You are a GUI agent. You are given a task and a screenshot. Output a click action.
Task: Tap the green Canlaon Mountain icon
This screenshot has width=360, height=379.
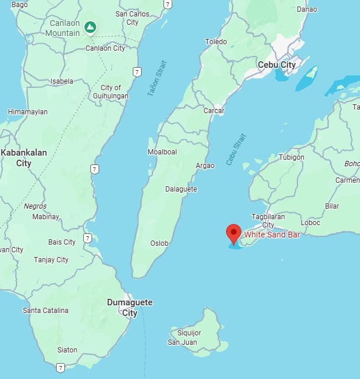(90, 27)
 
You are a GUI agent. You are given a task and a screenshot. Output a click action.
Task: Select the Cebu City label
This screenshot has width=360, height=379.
(277, 65)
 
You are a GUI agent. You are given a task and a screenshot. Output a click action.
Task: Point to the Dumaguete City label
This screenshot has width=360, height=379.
(129, 307)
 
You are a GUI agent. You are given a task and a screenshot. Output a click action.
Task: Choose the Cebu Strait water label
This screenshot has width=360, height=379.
(236, 149)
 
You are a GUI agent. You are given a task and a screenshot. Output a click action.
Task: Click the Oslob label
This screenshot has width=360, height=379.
(159, 243)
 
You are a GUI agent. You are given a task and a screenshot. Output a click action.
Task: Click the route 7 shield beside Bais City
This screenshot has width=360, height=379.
(87, 238)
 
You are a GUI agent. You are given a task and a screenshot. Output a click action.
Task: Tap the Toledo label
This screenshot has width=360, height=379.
(215, 41)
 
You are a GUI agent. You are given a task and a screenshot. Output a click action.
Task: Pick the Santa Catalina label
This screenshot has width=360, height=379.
(45, 310)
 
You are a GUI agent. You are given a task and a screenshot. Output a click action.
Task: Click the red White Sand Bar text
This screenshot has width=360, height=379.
(272, 234)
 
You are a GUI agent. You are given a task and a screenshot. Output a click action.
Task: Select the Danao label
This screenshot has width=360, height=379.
(306, 9)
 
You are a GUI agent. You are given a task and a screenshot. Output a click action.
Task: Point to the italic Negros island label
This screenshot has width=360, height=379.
(35, 206)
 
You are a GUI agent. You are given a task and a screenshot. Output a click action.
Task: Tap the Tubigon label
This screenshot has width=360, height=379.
(292, 157)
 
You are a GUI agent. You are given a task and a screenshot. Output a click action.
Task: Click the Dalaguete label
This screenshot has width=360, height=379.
(181, 189)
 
